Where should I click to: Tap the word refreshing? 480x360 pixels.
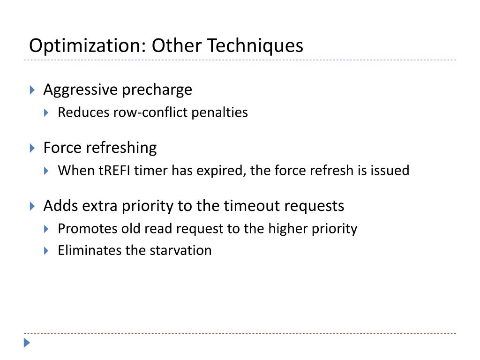coord(120,148)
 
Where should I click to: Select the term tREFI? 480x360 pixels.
coord(115,170)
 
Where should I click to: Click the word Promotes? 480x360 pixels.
coord(88,229)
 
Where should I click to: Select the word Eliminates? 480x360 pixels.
coord(90,250)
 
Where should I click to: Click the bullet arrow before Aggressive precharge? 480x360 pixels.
coord(32,90)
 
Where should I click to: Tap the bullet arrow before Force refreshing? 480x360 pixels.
coord(32,148)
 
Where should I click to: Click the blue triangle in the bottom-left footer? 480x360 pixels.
coord(27,343)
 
